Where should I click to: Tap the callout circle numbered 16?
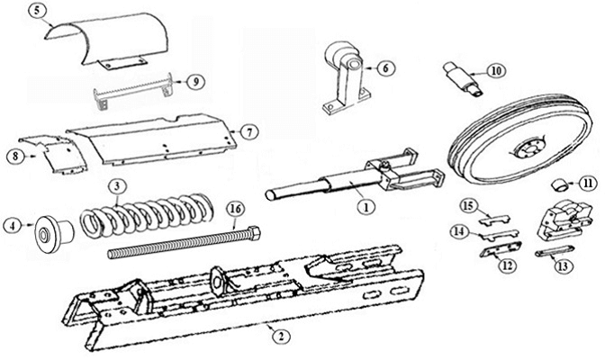tap(234, 208)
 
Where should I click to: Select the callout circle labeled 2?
tap(281, 337)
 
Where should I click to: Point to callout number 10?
tap(496, 69)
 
